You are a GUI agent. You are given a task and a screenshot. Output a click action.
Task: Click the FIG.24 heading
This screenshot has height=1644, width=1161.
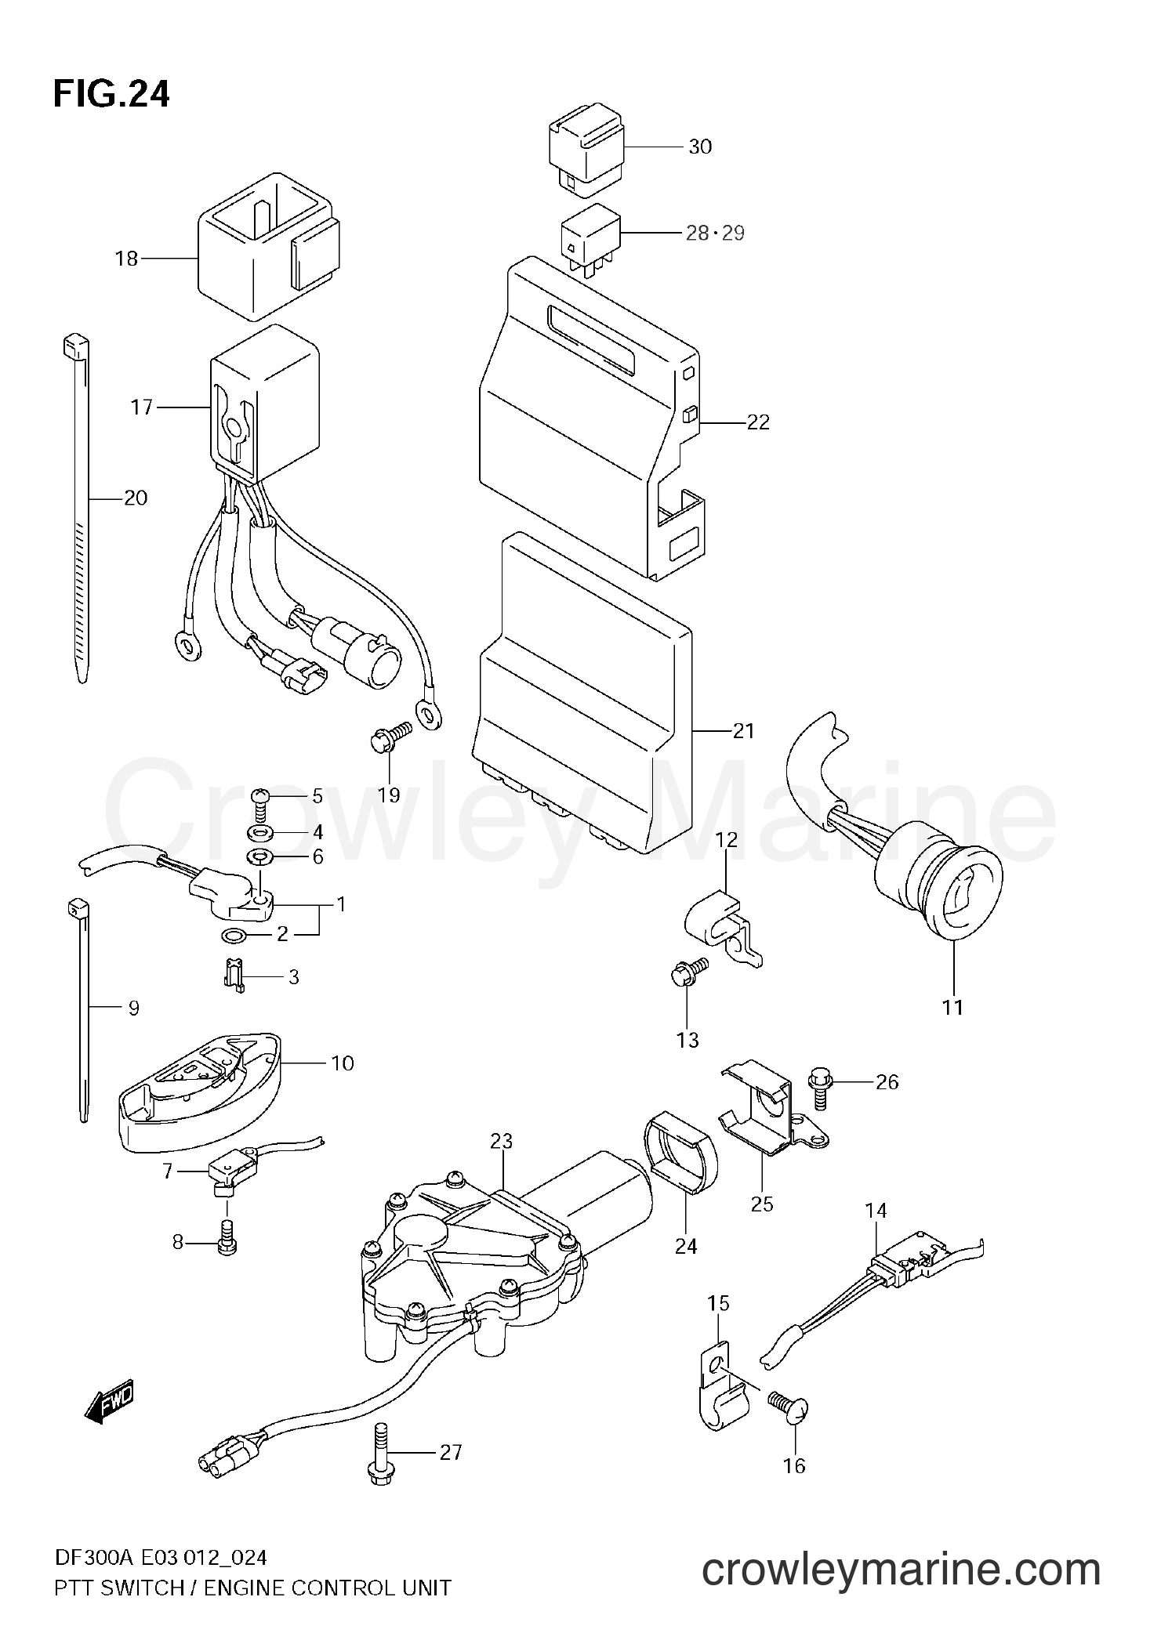tap(111, 94)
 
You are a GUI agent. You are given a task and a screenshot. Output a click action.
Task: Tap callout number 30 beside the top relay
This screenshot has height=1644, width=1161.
tap(699, 147)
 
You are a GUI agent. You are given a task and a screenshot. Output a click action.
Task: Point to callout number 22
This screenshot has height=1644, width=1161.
tap(758, 422)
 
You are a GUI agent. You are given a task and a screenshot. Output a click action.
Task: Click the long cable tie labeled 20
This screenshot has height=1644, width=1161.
tap(78, 509)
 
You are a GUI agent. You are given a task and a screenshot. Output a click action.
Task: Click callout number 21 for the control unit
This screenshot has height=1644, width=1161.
tap(742, 731)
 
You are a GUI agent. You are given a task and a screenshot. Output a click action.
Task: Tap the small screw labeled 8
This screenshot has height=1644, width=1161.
tap(227, 1240)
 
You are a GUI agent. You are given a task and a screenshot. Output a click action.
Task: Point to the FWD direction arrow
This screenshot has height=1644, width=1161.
tap(110, 1401)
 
